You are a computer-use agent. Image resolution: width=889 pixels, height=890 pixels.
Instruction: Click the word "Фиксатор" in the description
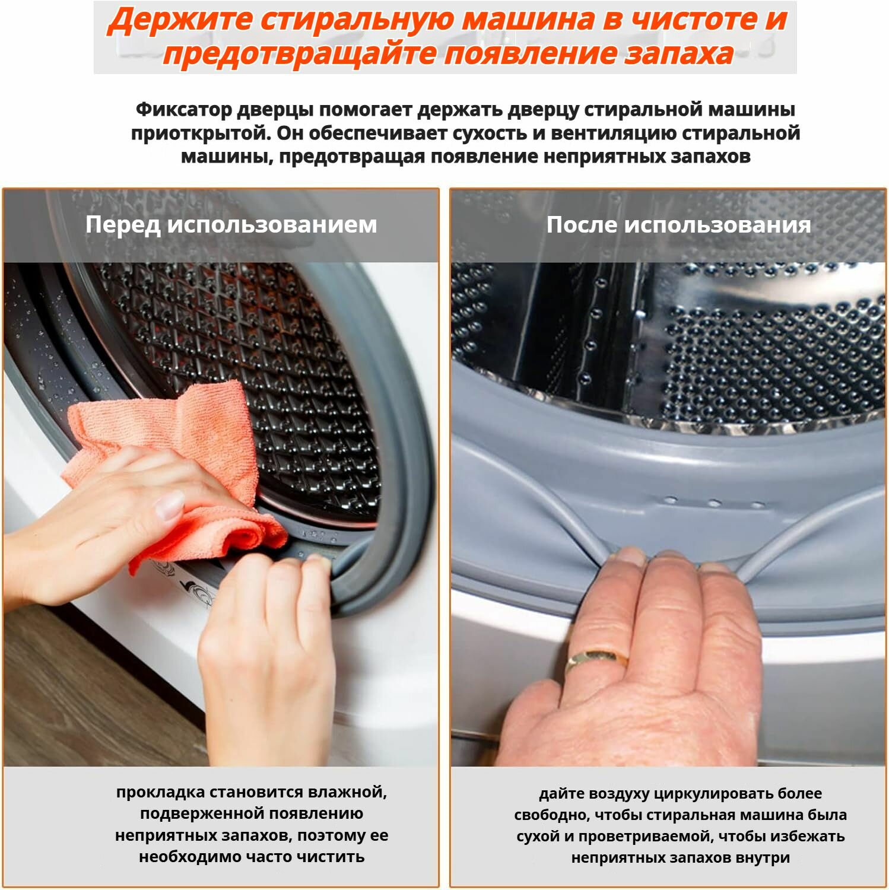(x=183, y=110)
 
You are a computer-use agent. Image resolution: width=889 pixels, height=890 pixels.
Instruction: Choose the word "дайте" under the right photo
(x=558, y=794)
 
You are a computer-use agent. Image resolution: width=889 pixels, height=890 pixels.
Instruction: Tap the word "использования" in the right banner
(x=717, y=225)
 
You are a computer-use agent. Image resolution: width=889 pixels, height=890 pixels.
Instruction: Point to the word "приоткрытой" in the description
(x=200, y=133)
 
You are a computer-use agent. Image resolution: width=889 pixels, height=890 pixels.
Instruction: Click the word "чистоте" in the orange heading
(x=692, y=20)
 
